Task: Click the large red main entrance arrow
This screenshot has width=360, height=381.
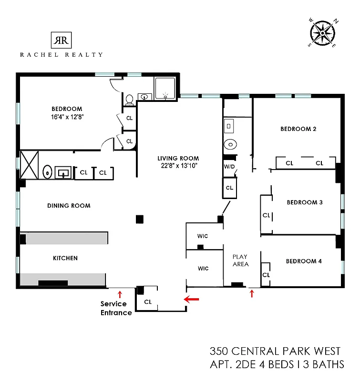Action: click(x=192, y=299)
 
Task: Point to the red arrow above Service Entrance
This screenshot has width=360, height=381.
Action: click(x=120, y=294)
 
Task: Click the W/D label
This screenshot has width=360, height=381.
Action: click(x=230, y=167)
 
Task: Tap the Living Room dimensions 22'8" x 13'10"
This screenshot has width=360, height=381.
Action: click(x=179, y=166)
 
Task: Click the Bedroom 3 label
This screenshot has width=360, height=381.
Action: click(x=305, y=202)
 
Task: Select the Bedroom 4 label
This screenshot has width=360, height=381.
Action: click(x=304, y=261)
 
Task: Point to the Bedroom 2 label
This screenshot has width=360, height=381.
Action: click(x=298, y=129)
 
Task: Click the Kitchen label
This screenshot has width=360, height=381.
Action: click(x=65, y=258)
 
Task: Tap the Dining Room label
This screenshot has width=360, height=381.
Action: click(x=69, y=206)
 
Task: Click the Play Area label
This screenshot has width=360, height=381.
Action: click(x=240, y=261)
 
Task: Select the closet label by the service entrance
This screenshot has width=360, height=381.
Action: click(x=148, y=301)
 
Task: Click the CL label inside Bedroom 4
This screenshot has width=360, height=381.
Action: click(x=266, y=275)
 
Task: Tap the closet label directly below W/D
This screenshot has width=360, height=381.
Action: click(x=230, y=188)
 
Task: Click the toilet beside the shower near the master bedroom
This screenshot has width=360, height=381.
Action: click(x=129, y=100)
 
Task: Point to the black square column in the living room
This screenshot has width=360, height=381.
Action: click(x=139, y=219)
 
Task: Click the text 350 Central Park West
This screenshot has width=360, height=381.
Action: click(x=275, y=351)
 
